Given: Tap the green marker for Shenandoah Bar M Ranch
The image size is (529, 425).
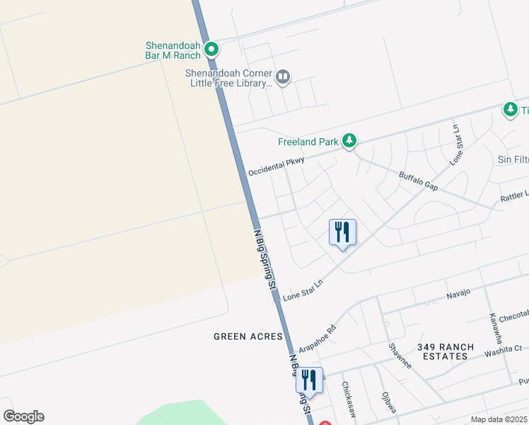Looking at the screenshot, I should click(211, 49).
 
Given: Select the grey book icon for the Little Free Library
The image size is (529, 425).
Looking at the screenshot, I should click(283, 76).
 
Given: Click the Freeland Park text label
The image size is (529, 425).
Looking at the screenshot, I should click(308, 142).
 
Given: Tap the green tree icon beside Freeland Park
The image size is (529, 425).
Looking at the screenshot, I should click(349, 141).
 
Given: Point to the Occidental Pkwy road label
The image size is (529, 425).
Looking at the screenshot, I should click(276, 167).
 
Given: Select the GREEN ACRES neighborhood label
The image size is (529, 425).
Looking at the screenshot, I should click(248, 336).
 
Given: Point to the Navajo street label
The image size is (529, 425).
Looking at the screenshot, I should click(458, 293).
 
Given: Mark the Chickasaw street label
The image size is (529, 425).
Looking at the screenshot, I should click(348, 398).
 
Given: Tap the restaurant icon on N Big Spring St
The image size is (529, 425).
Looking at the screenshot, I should click(309, 380).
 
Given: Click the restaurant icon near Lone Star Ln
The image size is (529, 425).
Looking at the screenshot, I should click(342, 232).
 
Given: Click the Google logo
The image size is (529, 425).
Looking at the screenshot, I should click(23, 416).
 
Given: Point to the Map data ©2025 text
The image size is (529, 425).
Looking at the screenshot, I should click(499, 419).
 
